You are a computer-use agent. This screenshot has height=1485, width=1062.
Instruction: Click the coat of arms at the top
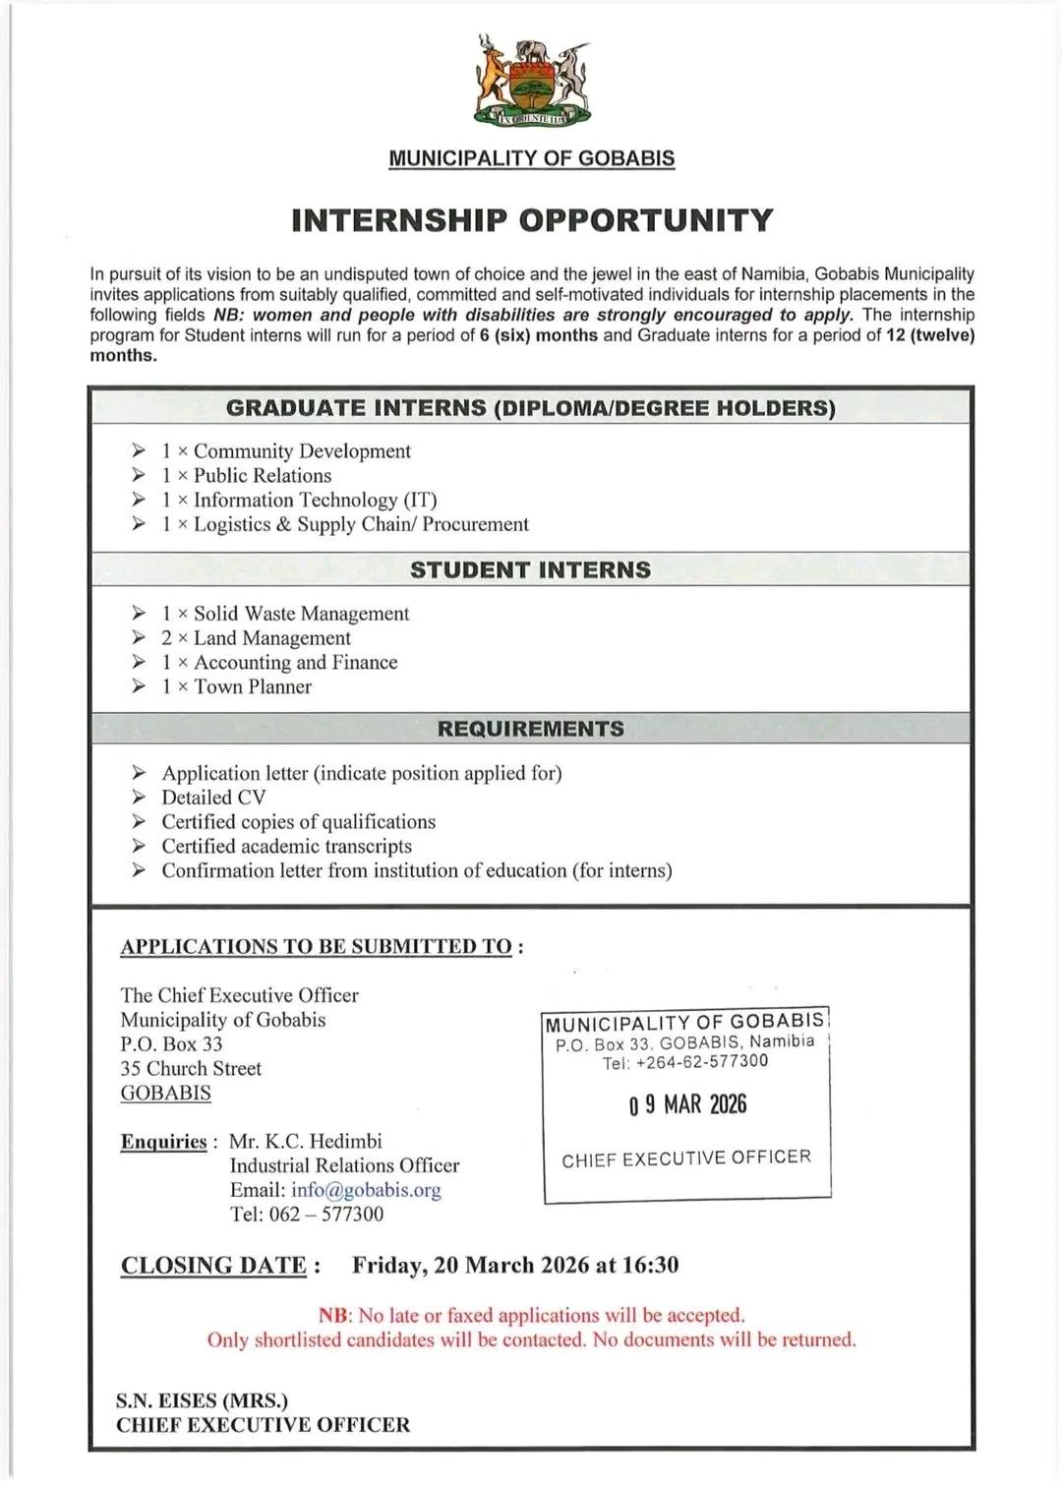coord(531,85)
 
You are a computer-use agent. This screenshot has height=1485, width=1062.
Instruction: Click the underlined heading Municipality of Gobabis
coord(531,158)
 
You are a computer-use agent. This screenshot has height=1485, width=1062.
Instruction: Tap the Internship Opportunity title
coord(531,220)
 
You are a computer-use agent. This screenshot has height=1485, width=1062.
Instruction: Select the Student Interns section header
coord(531,570)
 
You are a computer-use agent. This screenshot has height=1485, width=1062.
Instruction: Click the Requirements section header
coord(531,729)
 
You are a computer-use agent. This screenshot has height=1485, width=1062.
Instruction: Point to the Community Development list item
coord(301,451)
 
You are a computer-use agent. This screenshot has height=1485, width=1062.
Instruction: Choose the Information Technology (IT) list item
coord(315,500)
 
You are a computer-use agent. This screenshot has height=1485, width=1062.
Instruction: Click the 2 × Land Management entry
coord(271,638)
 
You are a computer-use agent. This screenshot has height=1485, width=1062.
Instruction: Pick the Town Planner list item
coord(252,686)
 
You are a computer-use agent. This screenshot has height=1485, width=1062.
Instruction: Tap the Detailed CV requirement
coord(213,798)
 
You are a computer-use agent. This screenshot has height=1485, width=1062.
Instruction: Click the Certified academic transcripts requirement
coord(286,846)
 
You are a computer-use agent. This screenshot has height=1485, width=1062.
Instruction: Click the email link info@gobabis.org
coord(366,1190)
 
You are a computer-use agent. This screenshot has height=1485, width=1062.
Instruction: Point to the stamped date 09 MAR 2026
coord(687,1105)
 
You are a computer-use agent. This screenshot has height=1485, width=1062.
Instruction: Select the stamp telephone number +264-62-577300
coord(701,1062)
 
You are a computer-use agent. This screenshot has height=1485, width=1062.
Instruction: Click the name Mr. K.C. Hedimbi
coord(306,1141)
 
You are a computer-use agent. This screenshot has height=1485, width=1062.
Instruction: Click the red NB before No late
coord(334,1316)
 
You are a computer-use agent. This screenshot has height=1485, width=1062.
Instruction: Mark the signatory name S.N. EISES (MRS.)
coord(202,1400)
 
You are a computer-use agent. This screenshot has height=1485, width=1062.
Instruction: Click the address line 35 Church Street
coord(191,1068)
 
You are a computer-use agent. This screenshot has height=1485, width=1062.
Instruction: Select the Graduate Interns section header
coord(531,408)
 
